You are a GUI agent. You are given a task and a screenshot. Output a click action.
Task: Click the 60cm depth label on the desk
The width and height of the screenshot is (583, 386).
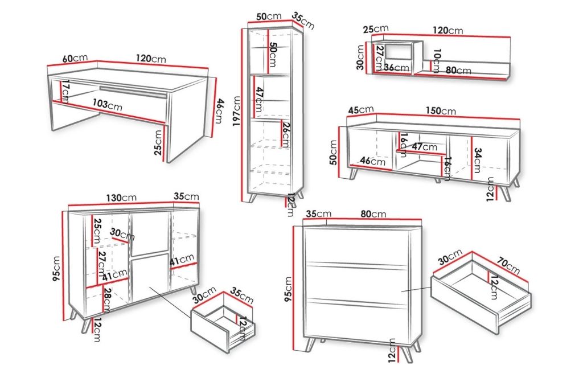point(75,59)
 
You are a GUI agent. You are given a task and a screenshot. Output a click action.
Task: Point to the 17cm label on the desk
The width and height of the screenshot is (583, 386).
point(65,92)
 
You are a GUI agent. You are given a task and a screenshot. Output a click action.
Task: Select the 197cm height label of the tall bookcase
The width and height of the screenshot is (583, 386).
point(236,111)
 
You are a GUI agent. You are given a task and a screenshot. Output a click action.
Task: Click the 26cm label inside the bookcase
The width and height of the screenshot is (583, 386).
point(286,134)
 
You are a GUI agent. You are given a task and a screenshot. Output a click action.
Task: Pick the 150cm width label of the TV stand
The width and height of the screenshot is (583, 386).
point(441,110)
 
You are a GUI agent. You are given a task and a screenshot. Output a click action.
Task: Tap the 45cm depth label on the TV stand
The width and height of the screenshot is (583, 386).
point(361,110)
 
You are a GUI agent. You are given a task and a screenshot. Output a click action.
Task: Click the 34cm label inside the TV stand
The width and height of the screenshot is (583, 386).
point(478,161)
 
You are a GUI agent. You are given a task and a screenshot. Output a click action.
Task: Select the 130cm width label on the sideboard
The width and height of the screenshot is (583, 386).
point(121,198)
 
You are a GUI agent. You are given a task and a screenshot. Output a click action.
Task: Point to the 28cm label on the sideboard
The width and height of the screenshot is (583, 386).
point(106,301)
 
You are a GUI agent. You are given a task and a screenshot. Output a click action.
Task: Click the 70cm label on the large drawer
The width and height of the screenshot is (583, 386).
point(508,265)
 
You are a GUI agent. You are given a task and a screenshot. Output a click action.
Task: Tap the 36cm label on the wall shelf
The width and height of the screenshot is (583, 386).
point(397,68)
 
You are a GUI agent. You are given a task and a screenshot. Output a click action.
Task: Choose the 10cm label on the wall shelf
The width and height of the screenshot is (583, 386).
point(437,60)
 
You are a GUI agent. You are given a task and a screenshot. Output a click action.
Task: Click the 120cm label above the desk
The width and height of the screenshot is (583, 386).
point(151,59)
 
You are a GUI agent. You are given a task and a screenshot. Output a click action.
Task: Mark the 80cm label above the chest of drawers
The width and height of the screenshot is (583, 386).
point(373,214)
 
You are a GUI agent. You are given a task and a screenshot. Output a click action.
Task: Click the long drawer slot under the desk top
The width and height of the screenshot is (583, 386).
point(133,92)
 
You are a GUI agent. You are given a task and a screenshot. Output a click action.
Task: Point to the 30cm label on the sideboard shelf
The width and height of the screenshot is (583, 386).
point(122,235)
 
